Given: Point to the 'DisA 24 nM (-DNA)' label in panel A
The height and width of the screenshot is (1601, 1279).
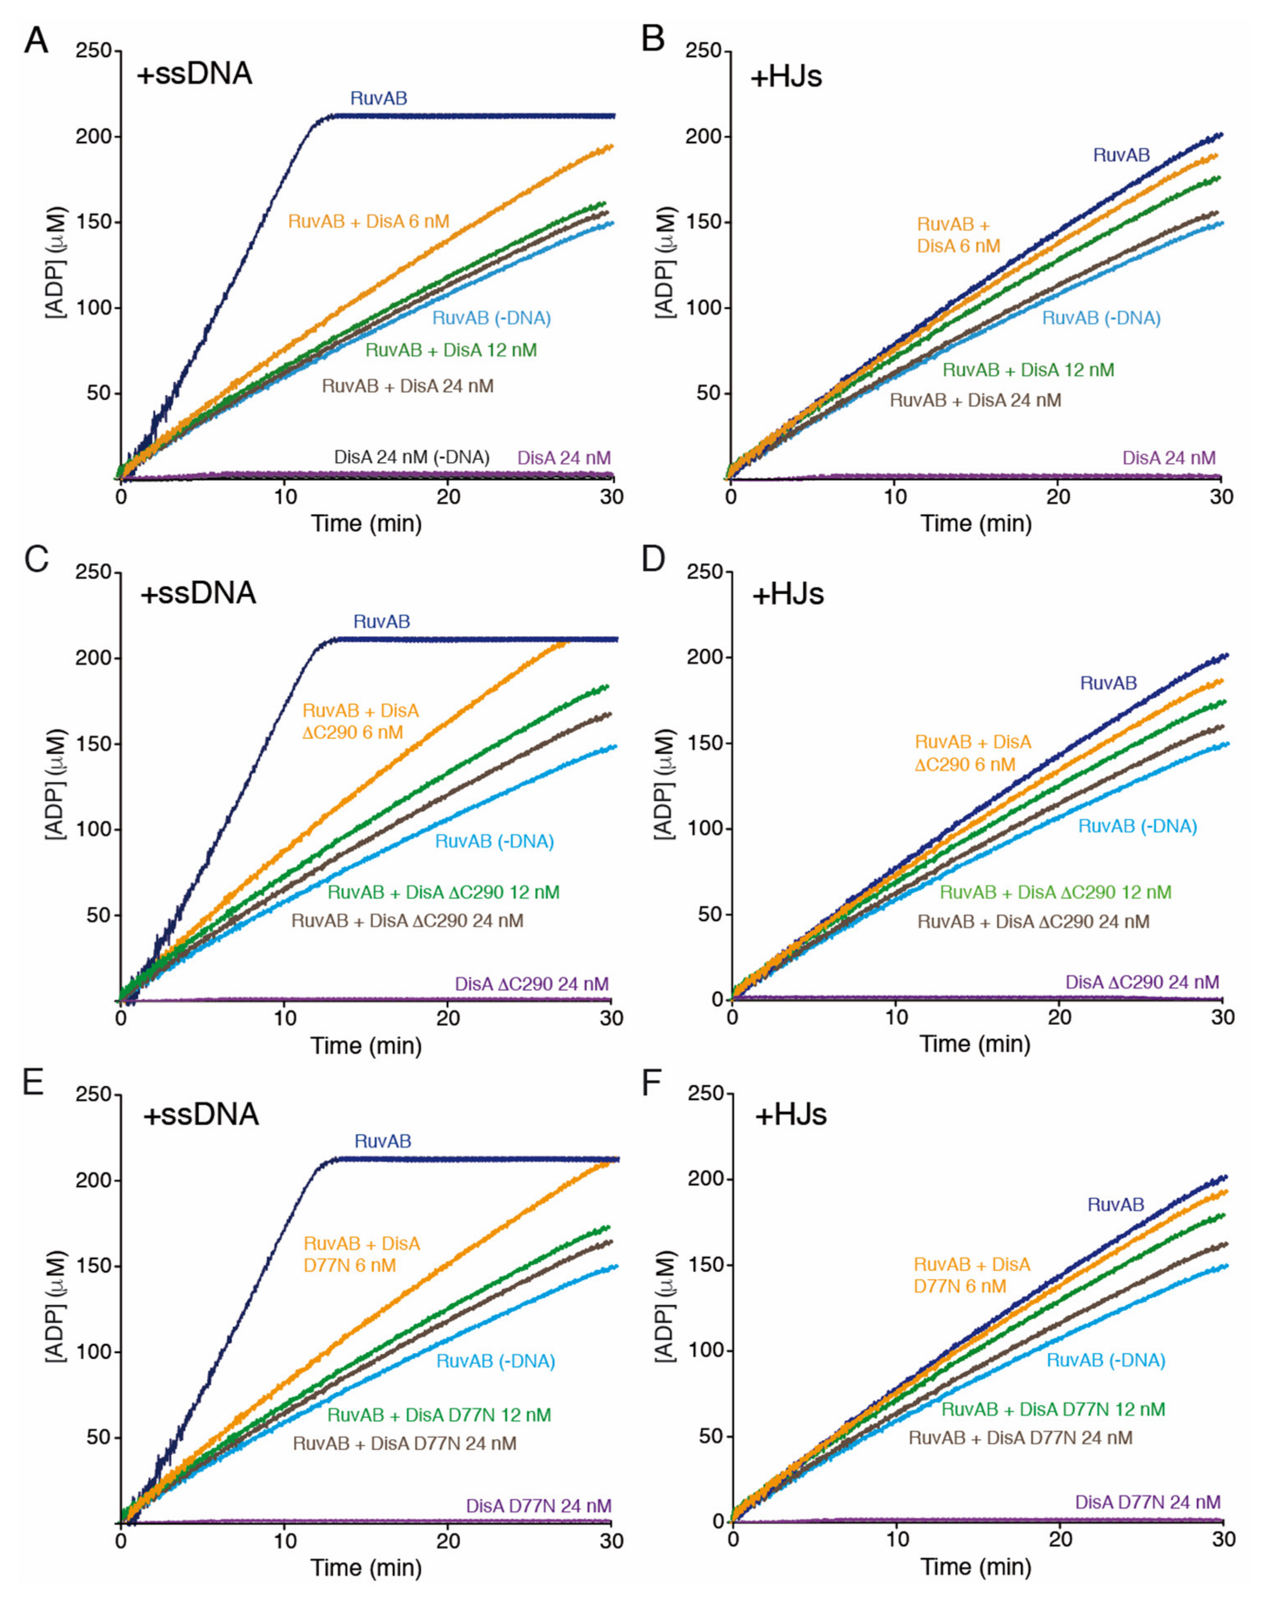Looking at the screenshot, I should pyautogui.click(x=411, y=457).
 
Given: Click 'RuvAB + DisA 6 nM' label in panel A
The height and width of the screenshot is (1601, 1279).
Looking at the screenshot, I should pyautogui.click(x=368, y=221).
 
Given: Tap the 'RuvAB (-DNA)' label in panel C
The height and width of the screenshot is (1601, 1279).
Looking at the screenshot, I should pyautogui.click(x=494, y=842).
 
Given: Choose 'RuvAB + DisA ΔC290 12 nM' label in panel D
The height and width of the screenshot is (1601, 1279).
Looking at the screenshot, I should pyautogui.click(x=1055, y=892).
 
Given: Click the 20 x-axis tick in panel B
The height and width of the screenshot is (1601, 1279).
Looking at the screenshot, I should pyautogui.click(x=1058, y=496).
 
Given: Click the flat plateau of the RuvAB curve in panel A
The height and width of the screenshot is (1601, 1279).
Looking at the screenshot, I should pyautogui.click(x=475, y=116).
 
